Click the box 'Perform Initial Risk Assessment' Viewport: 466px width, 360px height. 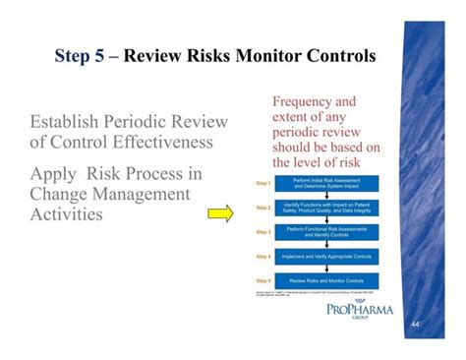tap(322, 183)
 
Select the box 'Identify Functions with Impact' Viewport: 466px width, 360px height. tap(322, 208)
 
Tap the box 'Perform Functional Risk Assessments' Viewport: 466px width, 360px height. tap(322, 231)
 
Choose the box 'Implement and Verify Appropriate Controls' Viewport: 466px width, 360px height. tap(322, 256)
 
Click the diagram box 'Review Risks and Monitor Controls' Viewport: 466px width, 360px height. tap(322, 279)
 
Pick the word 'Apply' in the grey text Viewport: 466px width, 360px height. tap(55, 173)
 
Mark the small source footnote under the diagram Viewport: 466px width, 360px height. tap(305, 294)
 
